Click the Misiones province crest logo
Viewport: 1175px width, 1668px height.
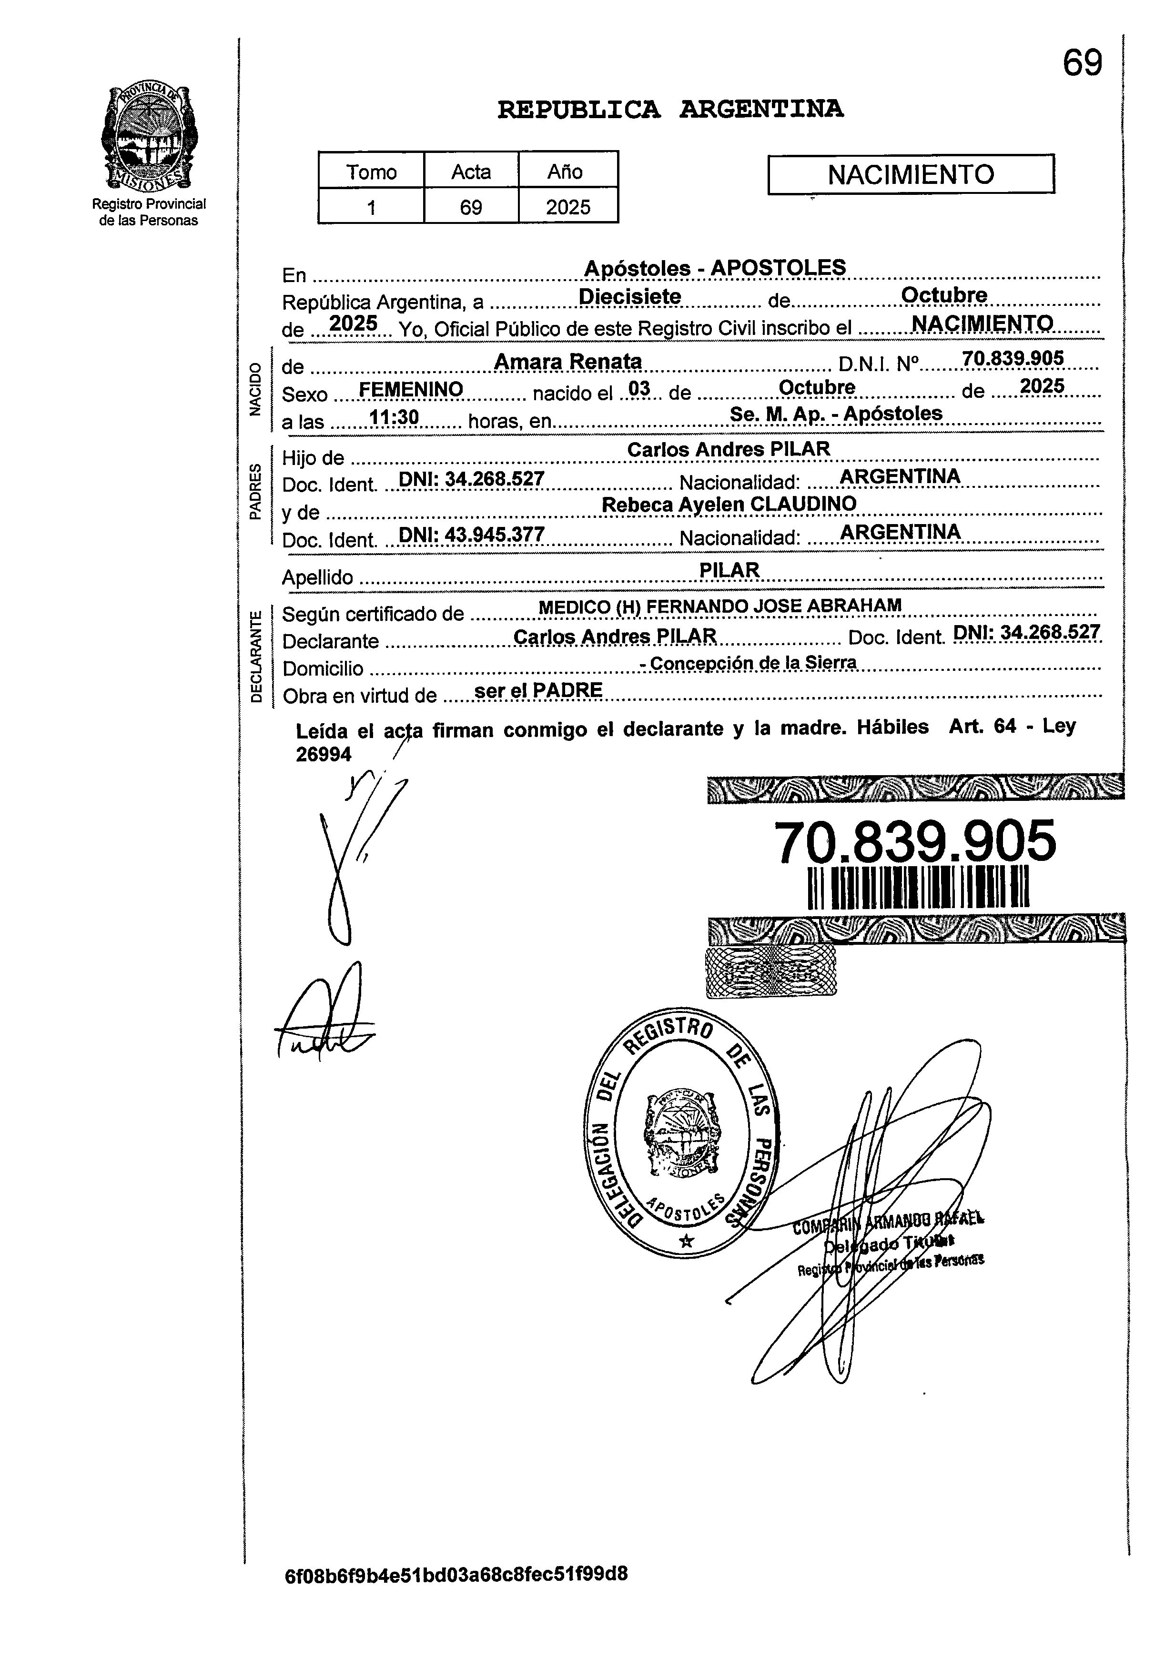148,137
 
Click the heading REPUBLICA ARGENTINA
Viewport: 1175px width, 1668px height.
670,110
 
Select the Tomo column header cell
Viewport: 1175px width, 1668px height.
371,172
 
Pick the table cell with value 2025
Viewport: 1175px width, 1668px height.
568,207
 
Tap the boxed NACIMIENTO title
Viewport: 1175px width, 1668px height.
911,174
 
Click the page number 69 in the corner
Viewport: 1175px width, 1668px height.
1082,64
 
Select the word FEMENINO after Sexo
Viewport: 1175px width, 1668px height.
411,390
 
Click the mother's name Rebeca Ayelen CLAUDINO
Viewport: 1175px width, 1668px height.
729,504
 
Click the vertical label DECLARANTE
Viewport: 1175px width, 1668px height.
256,657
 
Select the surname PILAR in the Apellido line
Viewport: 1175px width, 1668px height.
729,570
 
